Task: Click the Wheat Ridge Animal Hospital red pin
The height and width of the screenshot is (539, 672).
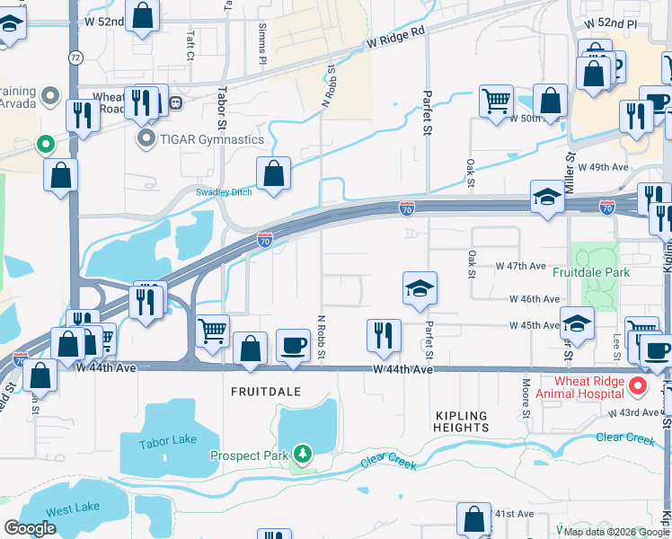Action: [638, 387]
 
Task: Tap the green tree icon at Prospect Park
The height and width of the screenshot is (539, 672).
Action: [304, 455]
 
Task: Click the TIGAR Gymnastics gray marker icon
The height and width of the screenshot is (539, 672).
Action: [145, 139]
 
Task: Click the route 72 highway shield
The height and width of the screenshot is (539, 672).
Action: [75, 57]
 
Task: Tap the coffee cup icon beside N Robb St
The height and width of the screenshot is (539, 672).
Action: [293, 345]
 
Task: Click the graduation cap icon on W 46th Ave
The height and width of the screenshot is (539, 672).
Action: [420, 288]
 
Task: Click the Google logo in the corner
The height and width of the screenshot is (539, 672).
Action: [31, 528]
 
